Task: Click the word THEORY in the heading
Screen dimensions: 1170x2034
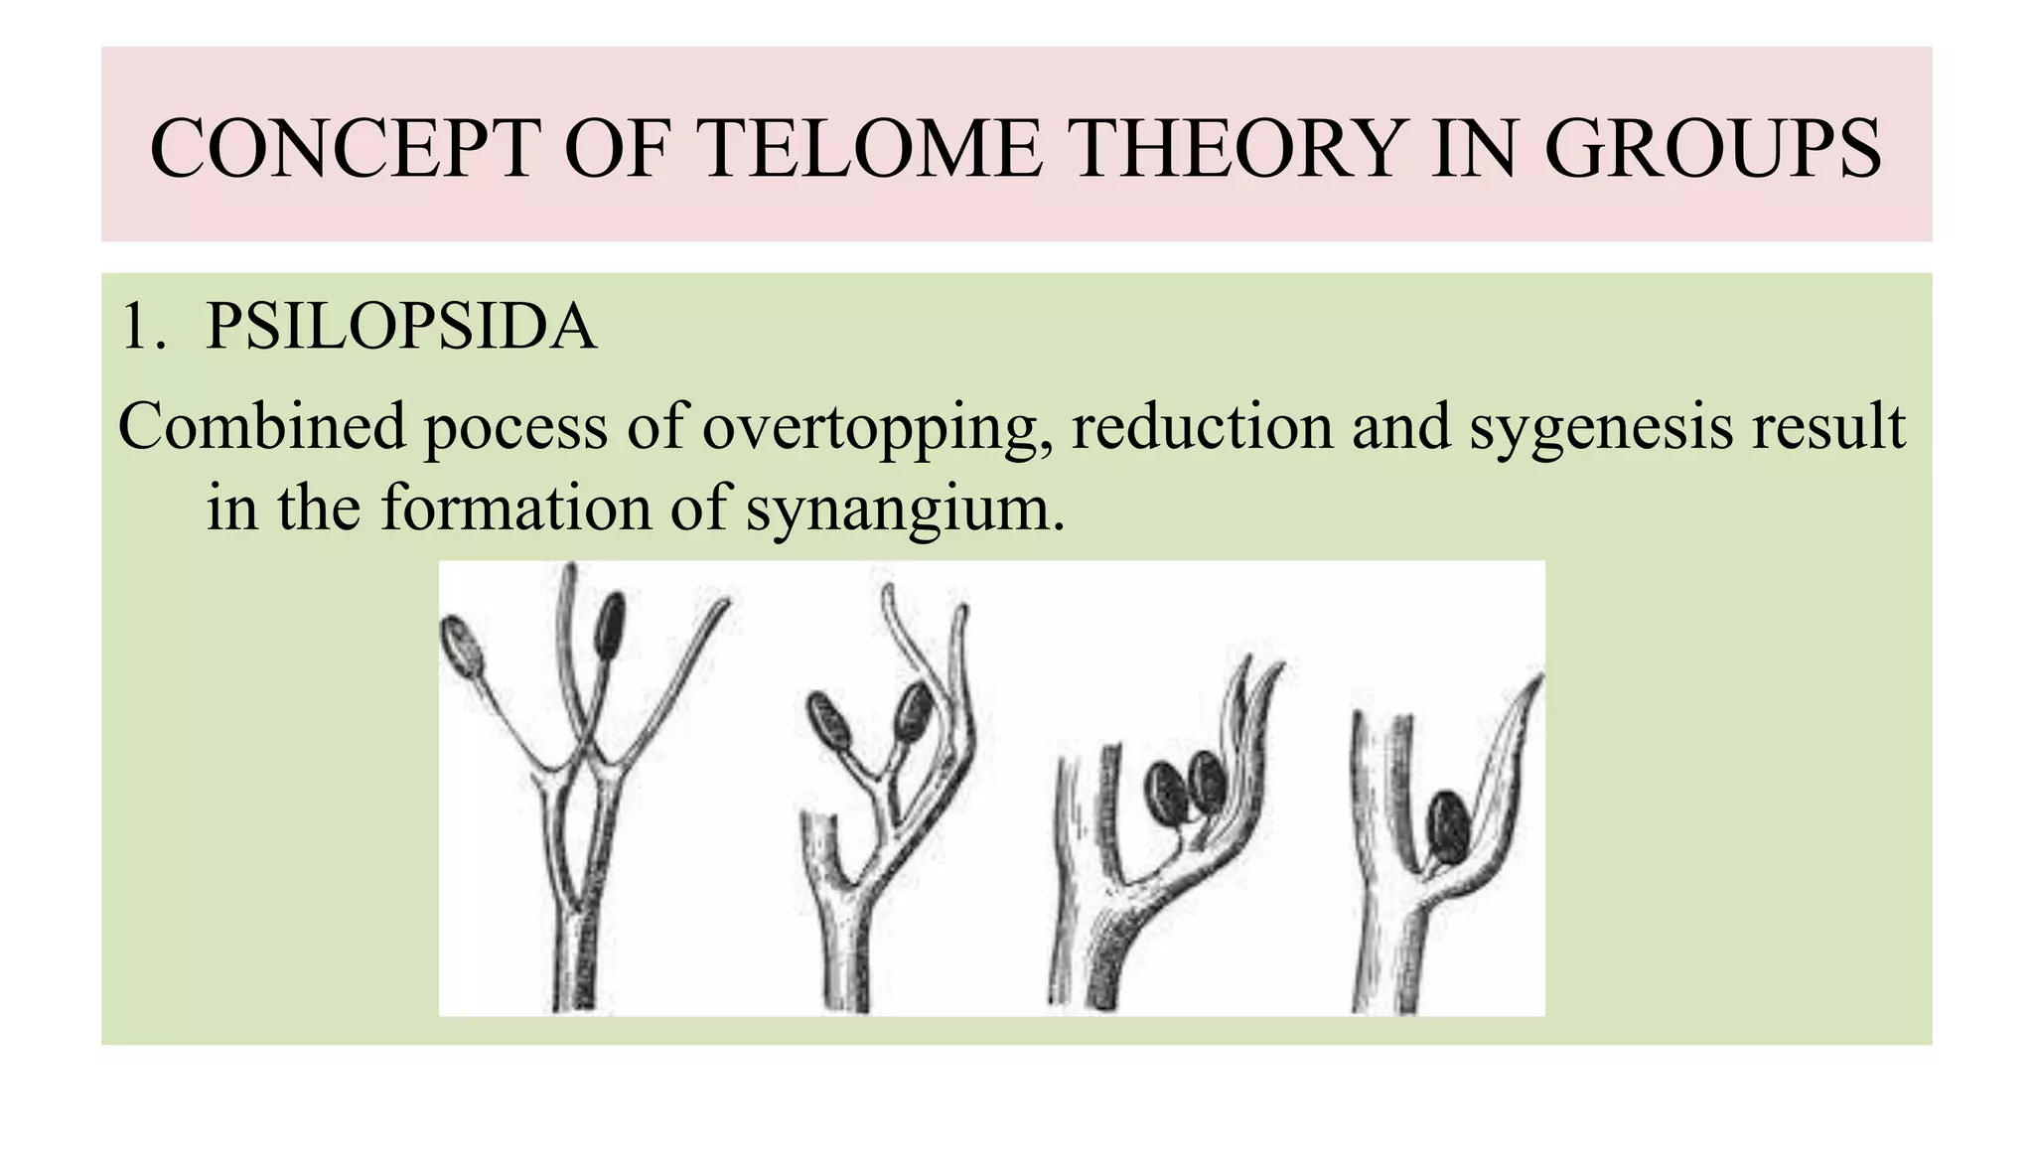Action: tap(1236, 148)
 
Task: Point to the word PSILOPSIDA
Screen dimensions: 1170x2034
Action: tap(400, 327)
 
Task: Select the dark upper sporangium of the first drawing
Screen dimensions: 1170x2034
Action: tap(610, 625)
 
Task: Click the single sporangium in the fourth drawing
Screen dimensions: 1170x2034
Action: tap(1448, 826)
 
